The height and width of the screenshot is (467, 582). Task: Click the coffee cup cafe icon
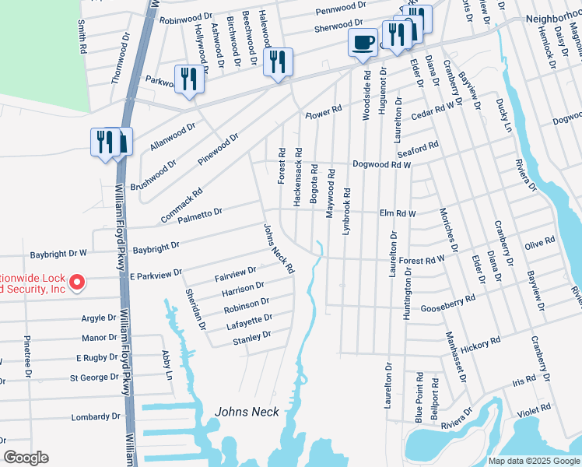tap(363, 43)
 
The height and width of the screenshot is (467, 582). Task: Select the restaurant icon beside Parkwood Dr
tap(189, 79)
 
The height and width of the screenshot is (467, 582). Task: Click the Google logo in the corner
tap(26, 458)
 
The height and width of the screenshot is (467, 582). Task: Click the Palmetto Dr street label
tap(200, 212)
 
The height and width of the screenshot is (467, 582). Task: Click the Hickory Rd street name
tap(480, 342)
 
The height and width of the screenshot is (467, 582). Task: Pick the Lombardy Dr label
tap(96, 416)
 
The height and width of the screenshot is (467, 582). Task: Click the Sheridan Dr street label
tap(195, 308)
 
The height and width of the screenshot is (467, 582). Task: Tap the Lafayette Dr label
tap(247, 318)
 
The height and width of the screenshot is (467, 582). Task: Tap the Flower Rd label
tap(323, 113)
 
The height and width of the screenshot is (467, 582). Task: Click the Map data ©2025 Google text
tap(533, 461)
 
